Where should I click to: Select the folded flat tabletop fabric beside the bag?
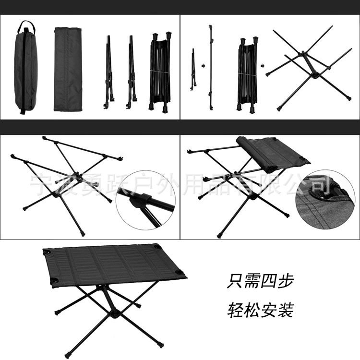coord(68,69)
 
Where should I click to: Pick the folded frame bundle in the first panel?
coord(161,72)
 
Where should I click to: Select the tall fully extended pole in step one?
coord(210,67)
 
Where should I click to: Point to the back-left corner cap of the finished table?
coord(48,252)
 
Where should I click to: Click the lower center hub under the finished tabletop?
coord(114,314)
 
